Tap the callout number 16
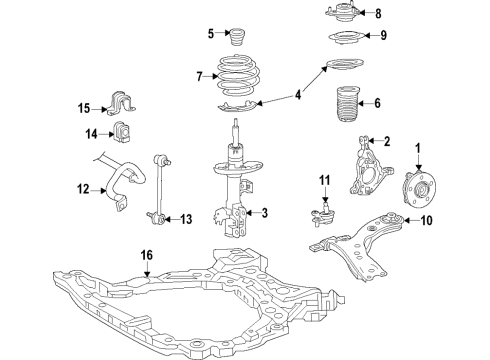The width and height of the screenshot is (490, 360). tap(147, 257)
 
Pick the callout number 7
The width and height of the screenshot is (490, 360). tap(201, 75)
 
